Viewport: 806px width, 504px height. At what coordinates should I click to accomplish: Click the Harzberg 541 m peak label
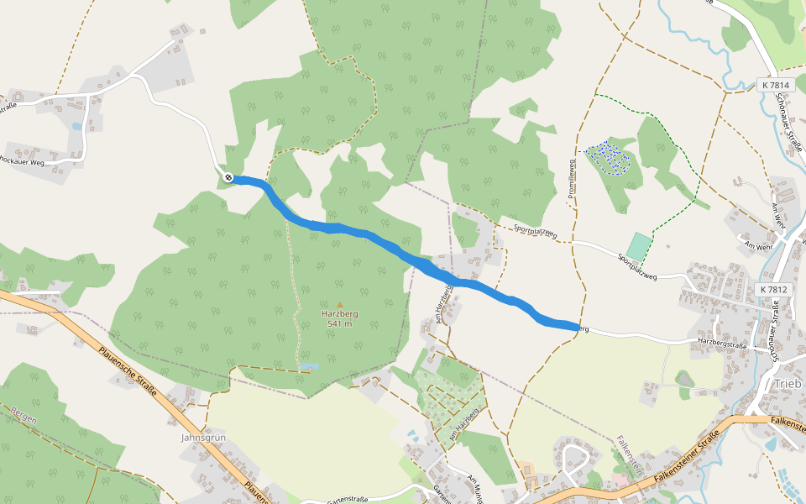[x=340, y=318]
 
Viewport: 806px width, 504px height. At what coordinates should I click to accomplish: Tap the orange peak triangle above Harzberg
[x=340, y=305]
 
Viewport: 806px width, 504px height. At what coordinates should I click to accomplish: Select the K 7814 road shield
[x=774, y=85]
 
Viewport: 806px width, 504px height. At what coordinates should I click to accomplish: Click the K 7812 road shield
[x=773, y=289]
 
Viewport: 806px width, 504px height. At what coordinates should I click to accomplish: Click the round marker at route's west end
[x=228, y=177]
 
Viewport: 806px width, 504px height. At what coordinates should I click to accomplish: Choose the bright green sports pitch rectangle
[x=639, y=247]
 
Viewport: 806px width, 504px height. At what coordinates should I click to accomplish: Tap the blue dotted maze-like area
[x=608, y=156]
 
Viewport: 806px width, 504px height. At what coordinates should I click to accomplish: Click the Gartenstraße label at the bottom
[x=347, y=499]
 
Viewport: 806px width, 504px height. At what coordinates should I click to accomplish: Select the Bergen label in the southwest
[x=26, y=415]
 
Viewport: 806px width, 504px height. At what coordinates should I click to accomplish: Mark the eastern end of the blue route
[x=576, y=327]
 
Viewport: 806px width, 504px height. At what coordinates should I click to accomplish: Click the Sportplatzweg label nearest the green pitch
[x=646, y=268]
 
